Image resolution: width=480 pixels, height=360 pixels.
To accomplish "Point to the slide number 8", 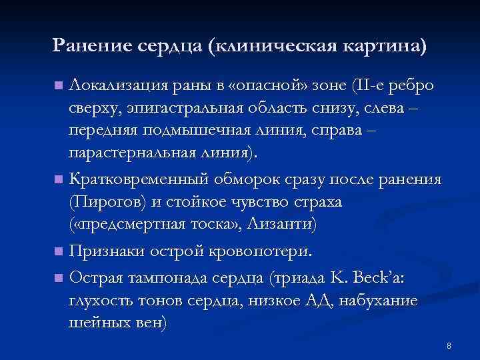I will click(449, 346).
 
